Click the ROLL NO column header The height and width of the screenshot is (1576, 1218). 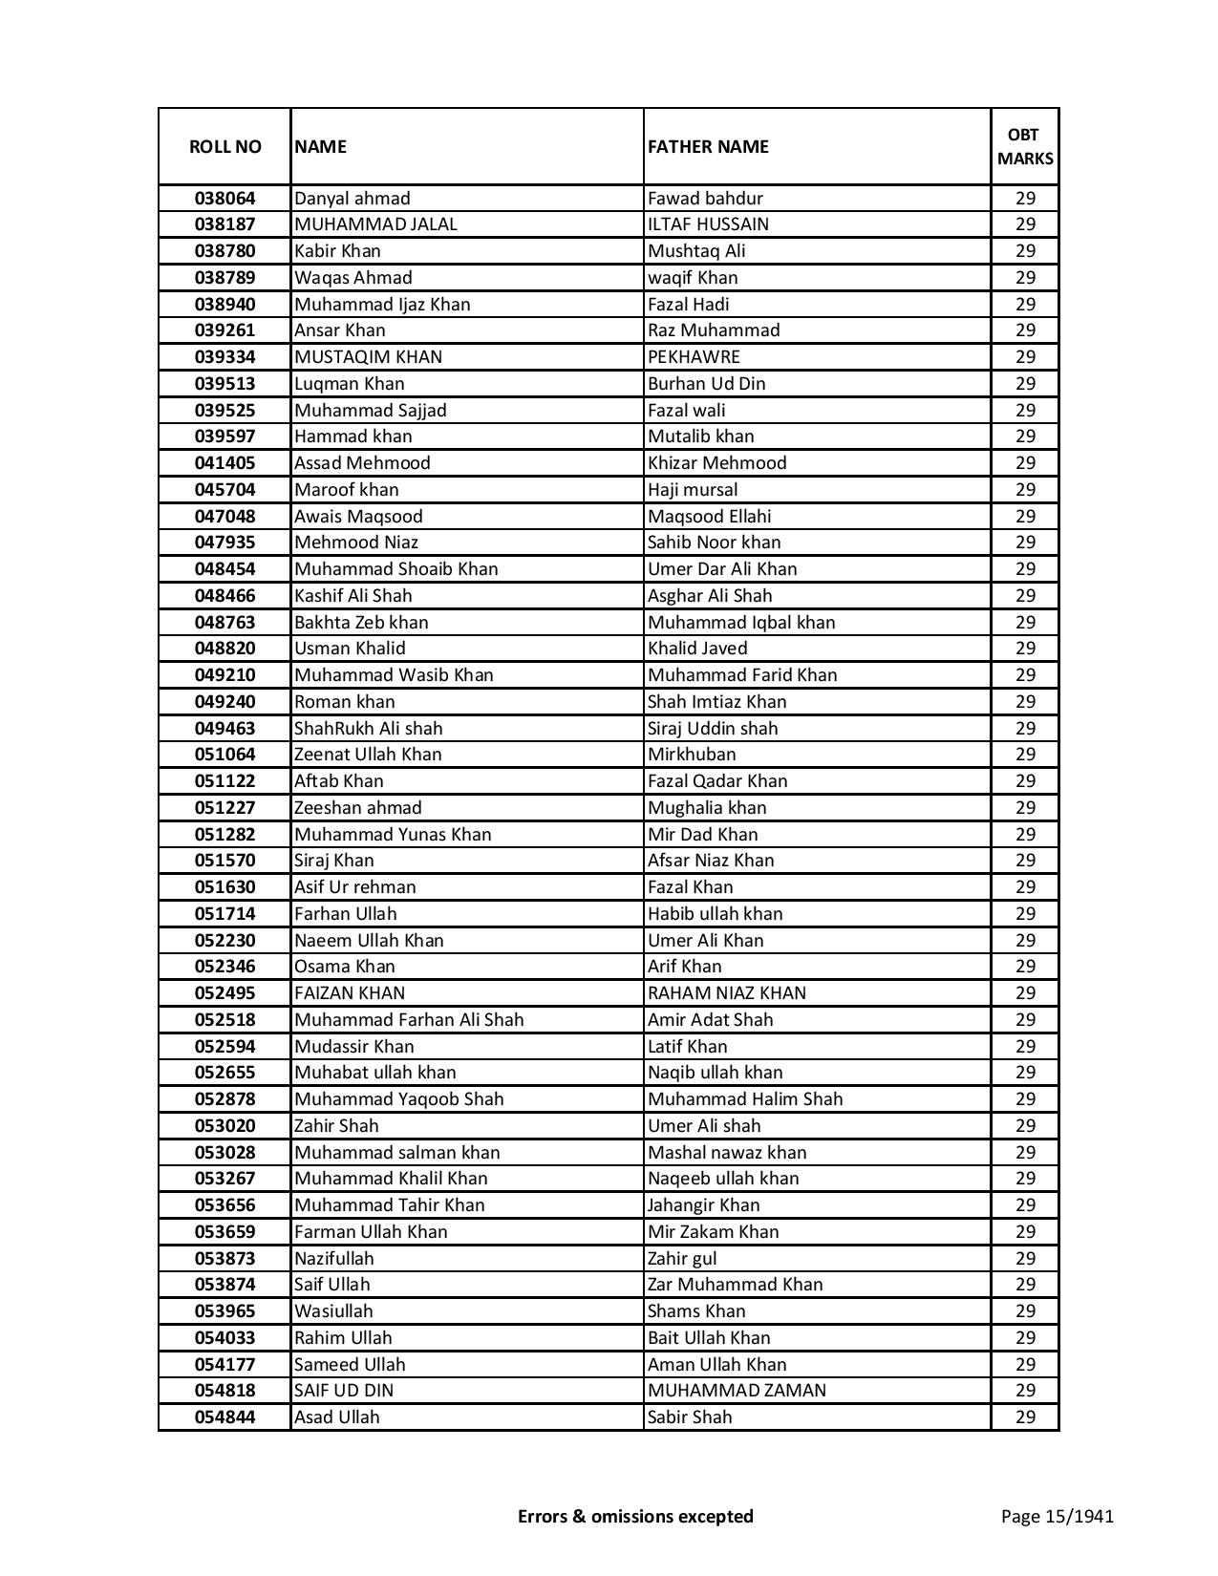pos(224,146)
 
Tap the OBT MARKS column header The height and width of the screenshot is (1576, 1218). pos(1025,146)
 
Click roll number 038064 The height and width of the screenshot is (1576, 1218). pos(224,199)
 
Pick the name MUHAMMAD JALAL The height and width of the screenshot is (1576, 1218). pos(375,224)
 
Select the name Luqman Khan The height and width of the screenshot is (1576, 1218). pos(350,384)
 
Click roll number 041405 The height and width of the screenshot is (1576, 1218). pos(224,463)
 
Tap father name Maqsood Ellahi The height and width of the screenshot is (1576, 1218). pos(709,517)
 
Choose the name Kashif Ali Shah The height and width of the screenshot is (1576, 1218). pos(353,596)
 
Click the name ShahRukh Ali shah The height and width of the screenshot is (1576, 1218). pos(369,729)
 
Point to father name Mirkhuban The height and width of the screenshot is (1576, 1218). pos(692,755)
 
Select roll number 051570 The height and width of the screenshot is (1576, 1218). pos(224,861)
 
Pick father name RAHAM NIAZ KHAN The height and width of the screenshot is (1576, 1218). pos(727,993)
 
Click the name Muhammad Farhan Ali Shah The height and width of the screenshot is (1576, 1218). pos(409,1020)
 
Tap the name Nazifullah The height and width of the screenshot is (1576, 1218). pos(334,1259)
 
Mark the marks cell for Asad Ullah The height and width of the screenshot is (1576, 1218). pos(1025,1417)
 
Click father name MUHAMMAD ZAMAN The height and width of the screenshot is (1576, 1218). pos(737,1391)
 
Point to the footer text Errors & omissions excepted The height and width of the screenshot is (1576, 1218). pos(635,1516)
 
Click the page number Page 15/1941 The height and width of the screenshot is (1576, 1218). pos(1057,1516)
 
